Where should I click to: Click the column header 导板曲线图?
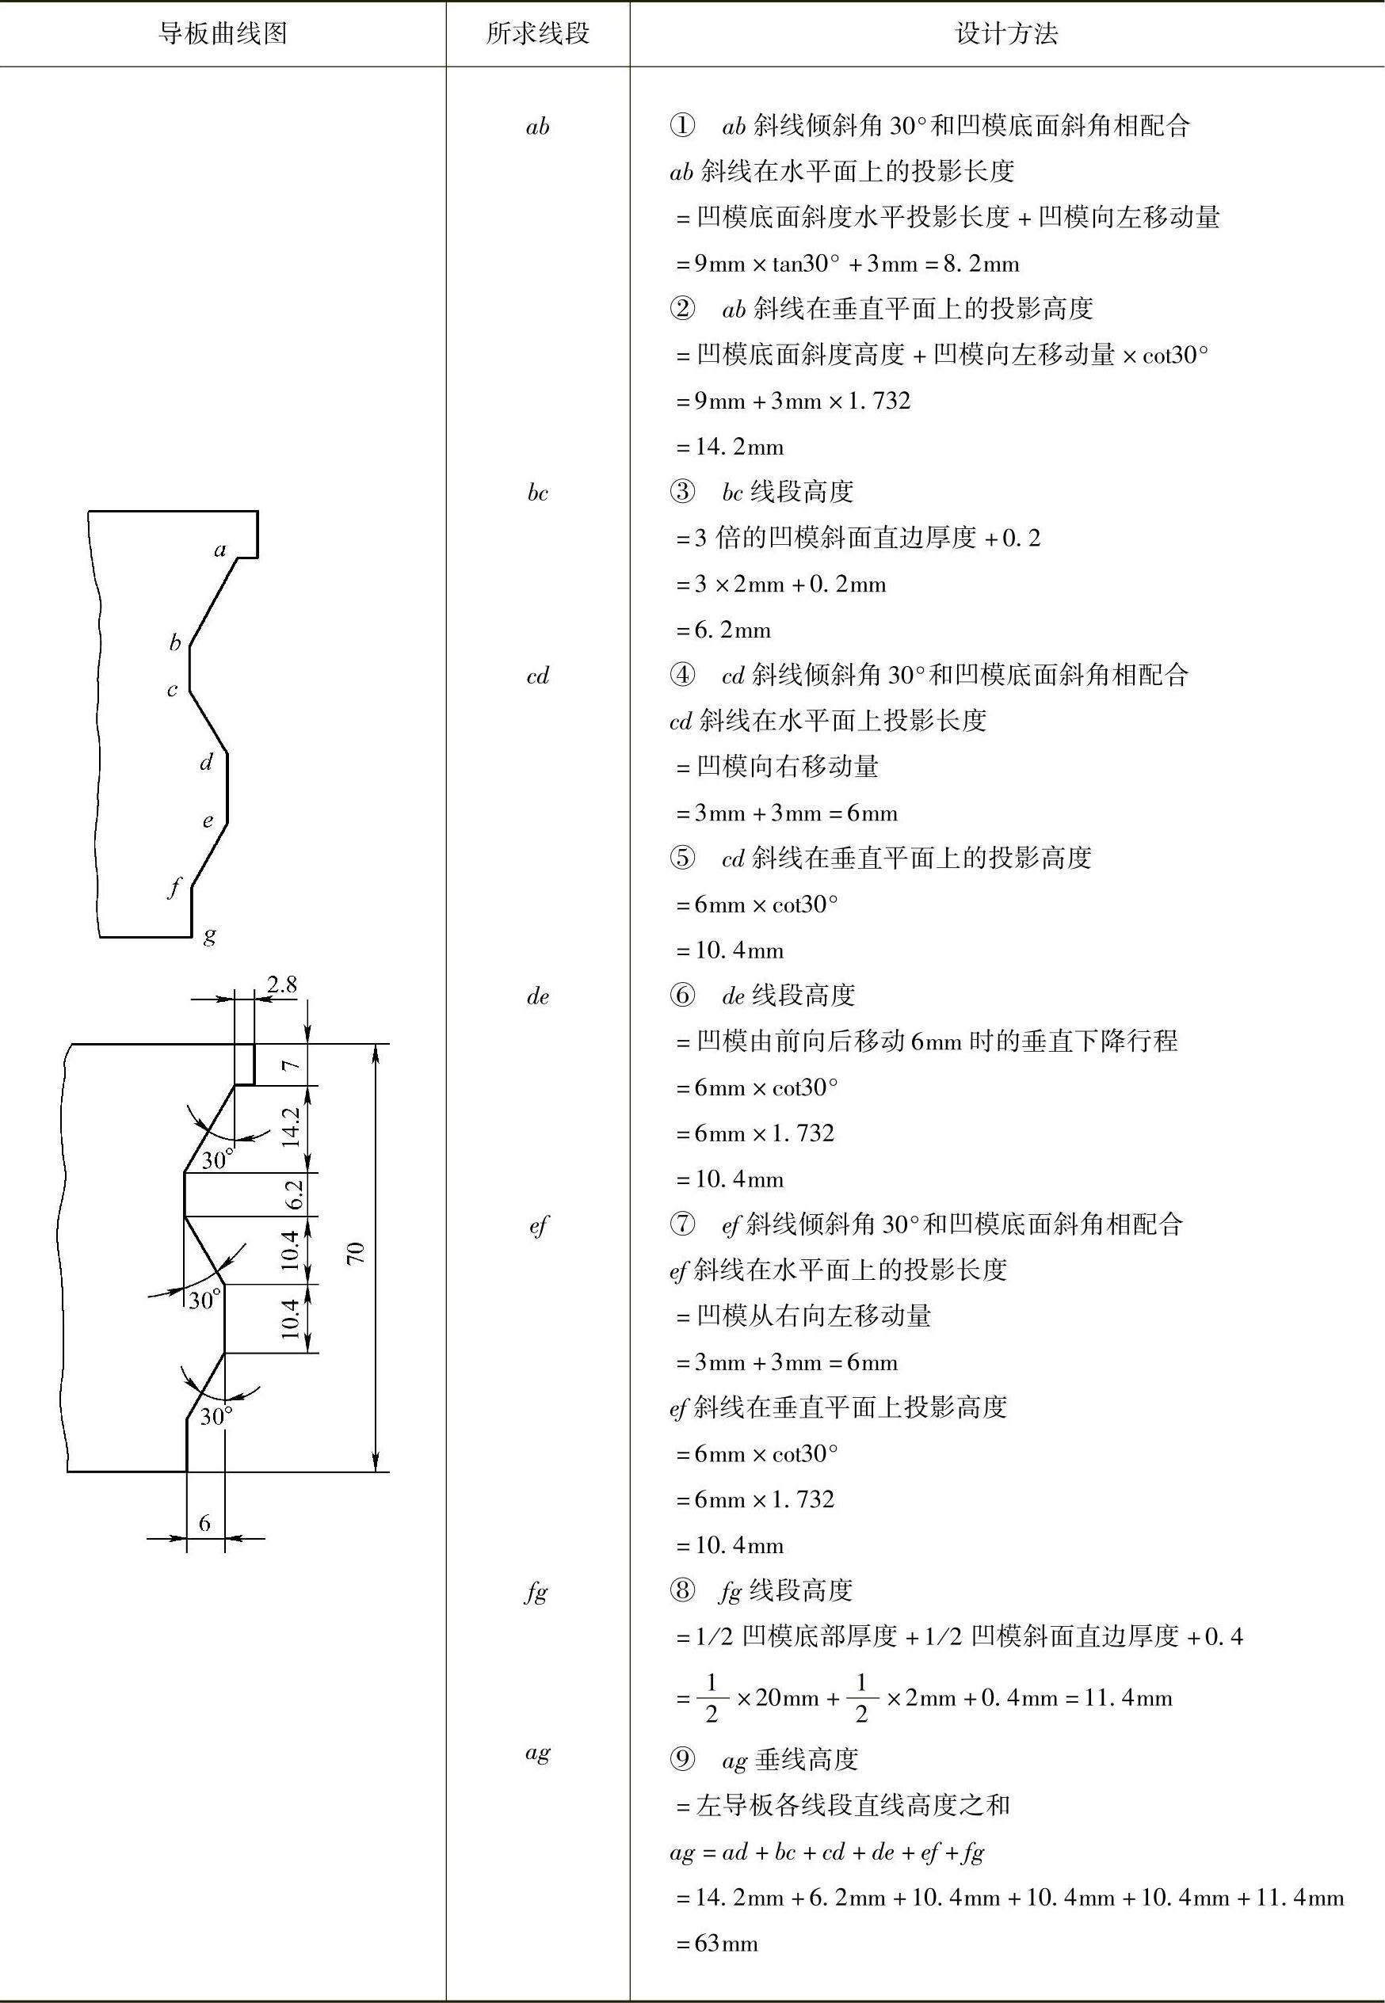[223, 34]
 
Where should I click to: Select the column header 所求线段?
[538, 34]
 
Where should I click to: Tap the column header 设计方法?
[1006, 34]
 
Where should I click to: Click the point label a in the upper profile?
[220, 550]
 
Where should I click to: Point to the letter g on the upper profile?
[209, 935]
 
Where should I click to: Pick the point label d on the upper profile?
[207, 763]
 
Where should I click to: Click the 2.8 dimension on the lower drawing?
[282, 984]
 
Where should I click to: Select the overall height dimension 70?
[356, 1254]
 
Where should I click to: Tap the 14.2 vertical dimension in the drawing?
[292, 1128]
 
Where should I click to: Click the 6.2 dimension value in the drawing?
[293, 1194]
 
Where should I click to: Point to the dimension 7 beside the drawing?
[292, 1064]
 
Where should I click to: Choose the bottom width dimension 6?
[204, 1523]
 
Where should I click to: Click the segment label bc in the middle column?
[538, 493]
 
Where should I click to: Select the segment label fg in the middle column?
[536, 1592]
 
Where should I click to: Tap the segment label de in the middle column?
[538, 996]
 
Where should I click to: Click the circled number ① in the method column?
[682, 127]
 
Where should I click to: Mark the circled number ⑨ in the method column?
[682, 1759]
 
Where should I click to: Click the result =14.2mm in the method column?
[730, 447]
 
